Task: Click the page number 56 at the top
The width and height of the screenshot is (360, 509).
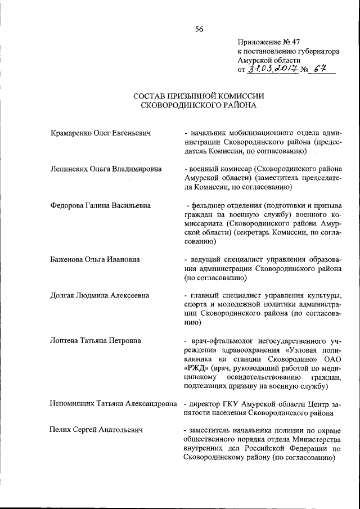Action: pyautogui.click(x=199, y=30)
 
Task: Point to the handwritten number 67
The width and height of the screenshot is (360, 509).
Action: pyautogui.click(x=321, y=69)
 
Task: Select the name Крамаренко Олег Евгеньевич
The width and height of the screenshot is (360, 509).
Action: pyautogui.click(x=101, y=133)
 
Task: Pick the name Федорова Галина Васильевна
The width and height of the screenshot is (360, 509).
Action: pyautogui.click(x=101, y=205)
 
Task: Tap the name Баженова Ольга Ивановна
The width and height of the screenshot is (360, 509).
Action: pyautogui.click(x=94, y=259)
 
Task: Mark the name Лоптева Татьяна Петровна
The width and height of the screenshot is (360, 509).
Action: pyautogui.click(x=95, y=341)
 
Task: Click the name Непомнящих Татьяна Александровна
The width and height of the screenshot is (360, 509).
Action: pyautogui.click(x=112, y=404)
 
